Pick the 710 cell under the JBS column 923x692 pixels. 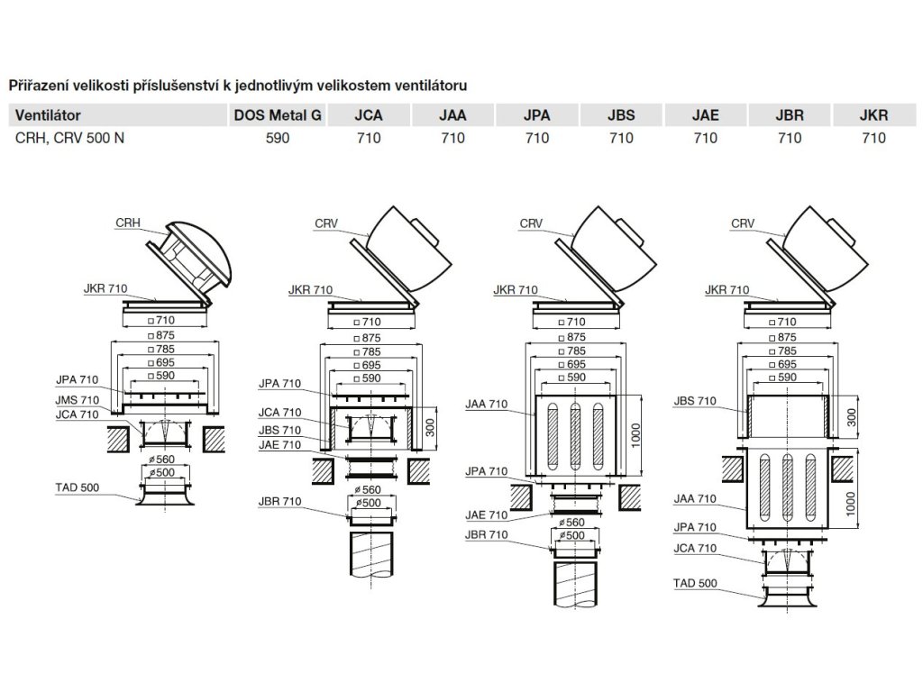[x=621, y=138]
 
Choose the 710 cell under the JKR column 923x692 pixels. [x=874, y=138]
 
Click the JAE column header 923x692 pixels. [x=705, y=116]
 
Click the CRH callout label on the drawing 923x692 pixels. [x=127, y=221]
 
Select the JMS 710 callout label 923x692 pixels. [x=78, y=400]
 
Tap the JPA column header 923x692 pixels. [x=536, y=116]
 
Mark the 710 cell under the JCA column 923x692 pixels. [x=369, y=138]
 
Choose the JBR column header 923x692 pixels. [x=790, y=116]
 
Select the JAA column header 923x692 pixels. [x=452, y=116]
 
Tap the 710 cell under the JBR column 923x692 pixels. [x=790, y=138]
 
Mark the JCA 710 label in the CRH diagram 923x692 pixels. [x=78, y=414]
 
